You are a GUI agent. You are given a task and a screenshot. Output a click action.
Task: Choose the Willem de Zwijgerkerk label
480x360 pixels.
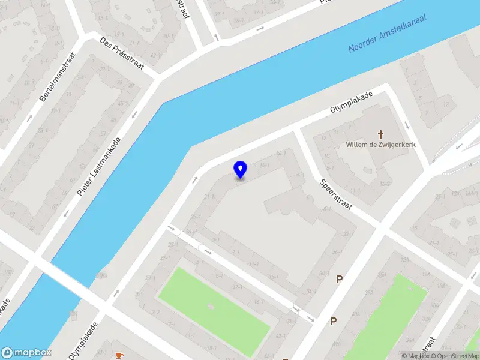pos(380,145)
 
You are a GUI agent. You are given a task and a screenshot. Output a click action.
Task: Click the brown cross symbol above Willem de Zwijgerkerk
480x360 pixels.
pos(380,134)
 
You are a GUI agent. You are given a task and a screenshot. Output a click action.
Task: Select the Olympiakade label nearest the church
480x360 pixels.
pos(352,103)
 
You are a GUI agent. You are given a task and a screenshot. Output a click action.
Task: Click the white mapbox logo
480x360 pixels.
pos(26,353)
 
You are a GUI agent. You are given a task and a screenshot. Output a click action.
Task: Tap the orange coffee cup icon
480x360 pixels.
pos(119,355)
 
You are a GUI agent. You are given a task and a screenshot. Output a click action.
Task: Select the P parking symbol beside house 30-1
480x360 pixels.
pos(340,278)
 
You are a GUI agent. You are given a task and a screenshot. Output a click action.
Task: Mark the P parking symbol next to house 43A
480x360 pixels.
pos(333,321)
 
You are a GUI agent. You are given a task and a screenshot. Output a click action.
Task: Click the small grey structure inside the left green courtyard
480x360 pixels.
pos(210,306)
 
